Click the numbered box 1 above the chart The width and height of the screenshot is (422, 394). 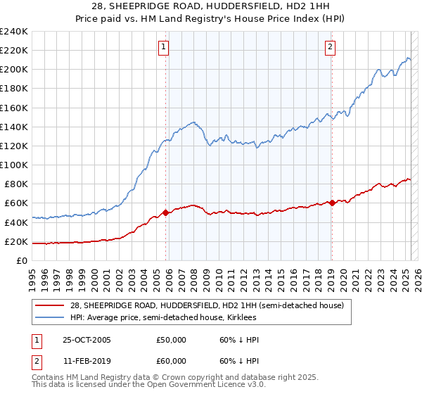[x=163, y=47]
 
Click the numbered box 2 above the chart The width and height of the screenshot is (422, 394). [x=330, y=47]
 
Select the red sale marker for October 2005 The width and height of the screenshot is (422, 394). [x=166, y=212]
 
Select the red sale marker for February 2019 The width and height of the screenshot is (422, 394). [x=332, y=203]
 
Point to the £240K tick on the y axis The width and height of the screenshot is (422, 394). [x=13, y=32]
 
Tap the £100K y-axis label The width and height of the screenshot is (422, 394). [x=13, y=165]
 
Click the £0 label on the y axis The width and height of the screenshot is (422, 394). [x=21, y=260]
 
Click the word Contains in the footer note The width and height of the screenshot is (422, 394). [x=49, y=377]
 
